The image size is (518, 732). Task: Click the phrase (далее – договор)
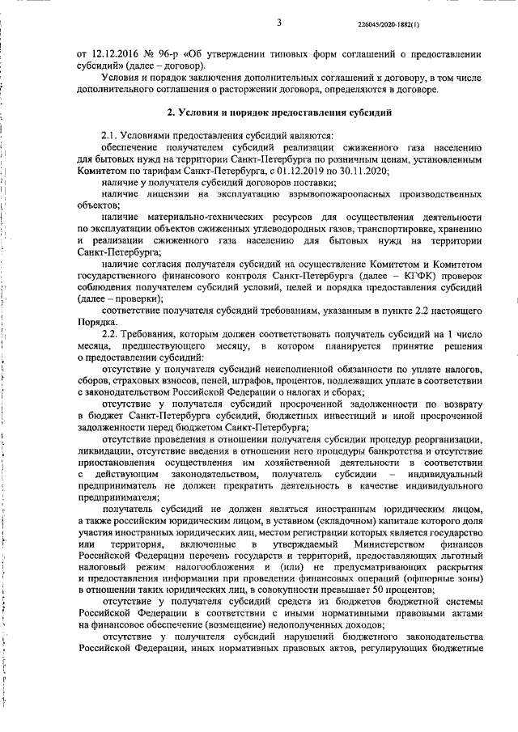[x=159, y=65]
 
